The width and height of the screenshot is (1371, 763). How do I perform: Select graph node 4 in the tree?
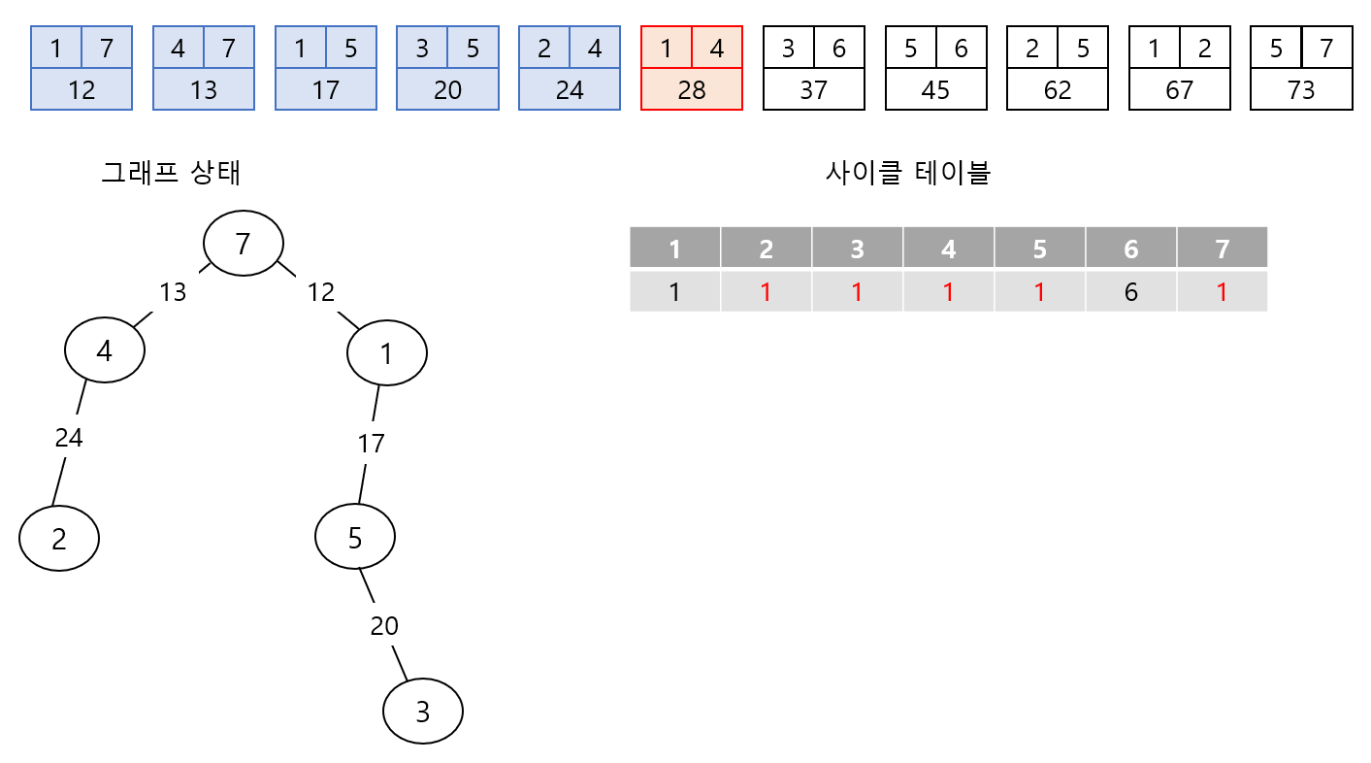coord(105,350)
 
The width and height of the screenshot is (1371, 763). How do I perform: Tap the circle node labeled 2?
coord(59,538)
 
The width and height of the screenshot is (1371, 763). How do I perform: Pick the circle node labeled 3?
coord(423,712)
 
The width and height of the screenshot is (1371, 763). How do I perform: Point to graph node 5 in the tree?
coord(355,537)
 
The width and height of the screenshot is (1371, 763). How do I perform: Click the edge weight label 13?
coord(173,291)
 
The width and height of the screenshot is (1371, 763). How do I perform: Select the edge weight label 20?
coord(384,626)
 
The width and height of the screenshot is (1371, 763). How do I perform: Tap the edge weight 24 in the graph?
coord(69,438)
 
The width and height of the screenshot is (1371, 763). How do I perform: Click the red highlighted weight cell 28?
coord(692,89)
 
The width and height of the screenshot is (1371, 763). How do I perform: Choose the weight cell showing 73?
coord(1300,89)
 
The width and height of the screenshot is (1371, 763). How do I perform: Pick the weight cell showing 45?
coord(935,89)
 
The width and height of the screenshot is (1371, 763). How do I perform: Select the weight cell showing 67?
coord(1179,89)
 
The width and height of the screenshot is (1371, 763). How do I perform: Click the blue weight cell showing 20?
coord(447,89)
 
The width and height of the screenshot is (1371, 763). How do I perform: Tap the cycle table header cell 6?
coord(1130,249)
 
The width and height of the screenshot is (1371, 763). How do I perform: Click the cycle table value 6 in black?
coord(1130,291)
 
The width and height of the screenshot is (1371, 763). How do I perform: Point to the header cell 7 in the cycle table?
coord(1222,249)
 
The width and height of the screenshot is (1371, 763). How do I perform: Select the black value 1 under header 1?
coord(674,291)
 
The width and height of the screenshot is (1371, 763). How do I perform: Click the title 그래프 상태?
coord(172,173)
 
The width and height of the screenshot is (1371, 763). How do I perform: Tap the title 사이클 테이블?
coord(907,173)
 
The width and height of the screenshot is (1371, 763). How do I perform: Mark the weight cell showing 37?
coord(813,89)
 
